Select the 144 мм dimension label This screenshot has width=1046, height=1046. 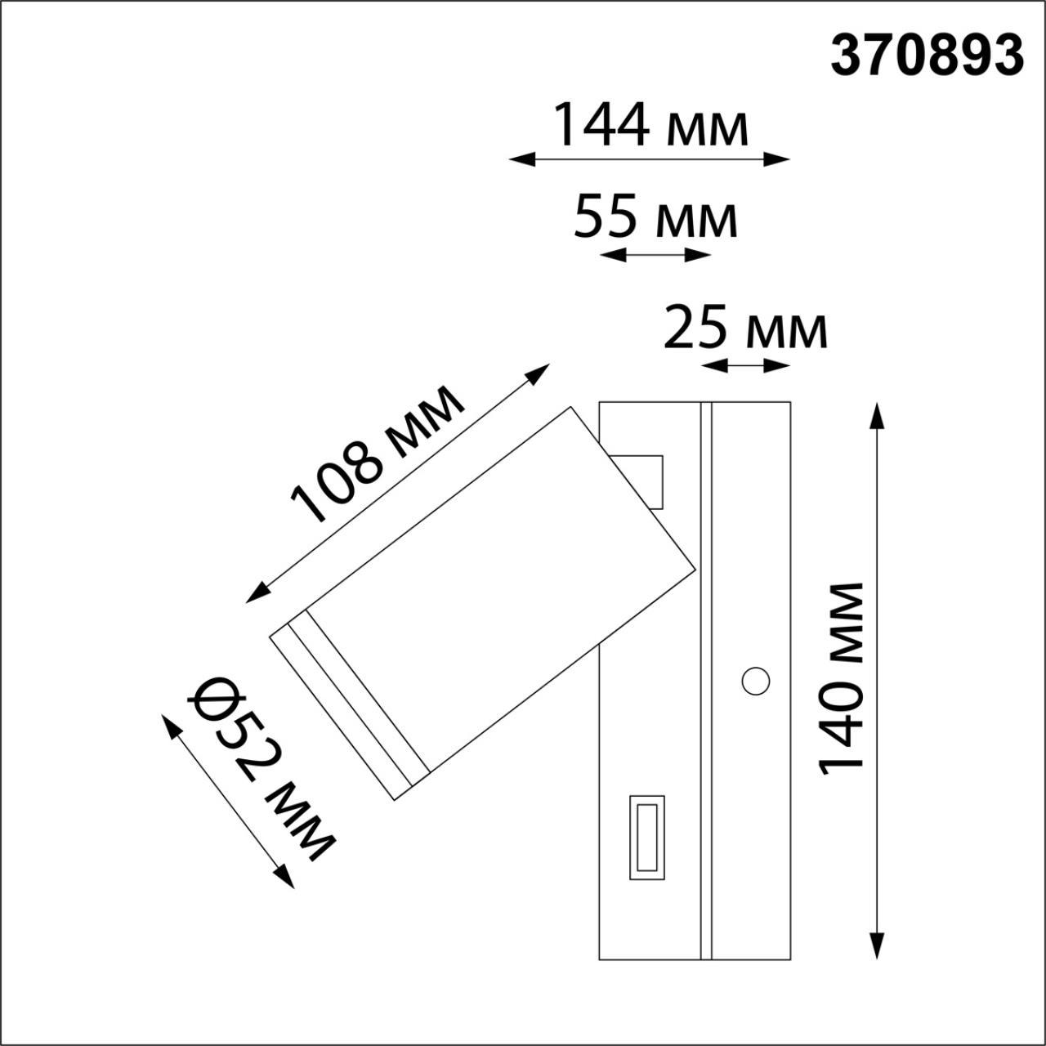650,125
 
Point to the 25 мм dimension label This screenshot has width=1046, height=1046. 745,327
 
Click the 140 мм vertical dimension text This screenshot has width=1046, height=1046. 842,678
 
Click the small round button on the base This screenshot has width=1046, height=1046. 755,680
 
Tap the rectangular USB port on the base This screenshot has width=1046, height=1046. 646,837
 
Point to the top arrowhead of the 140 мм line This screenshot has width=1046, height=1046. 878,413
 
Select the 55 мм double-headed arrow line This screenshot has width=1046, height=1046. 655,256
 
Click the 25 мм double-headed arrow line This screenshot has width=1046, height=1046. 746,365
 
